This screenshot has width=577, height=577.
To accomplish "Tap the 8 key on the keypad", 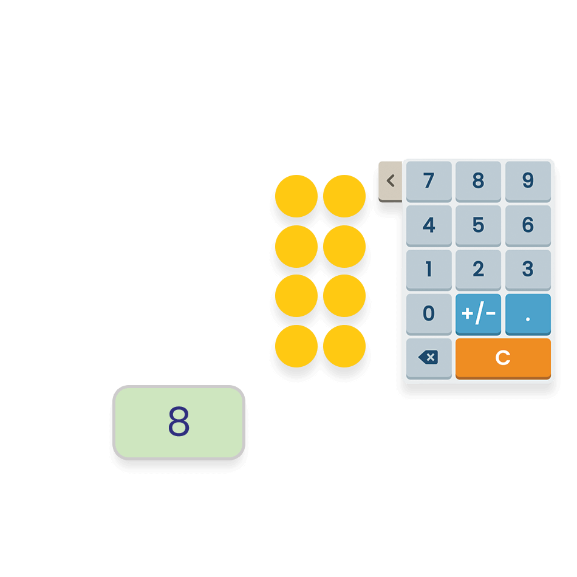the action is tap(478, 182).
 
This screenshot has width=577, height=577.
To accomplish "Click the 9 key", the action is tap(528, 182).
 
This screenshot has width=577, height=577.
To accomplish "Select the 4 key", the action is tap(429, 225).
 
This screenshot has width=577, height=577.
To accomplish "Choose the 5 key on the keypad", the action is tap(478, 225).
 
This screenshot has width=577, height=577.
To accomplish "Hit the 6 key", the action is tap(528, 225).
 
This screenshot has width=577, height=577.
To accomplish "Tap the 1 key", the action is tap(429, 270).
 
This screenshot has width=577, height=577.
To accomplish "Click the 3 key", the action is tap(528, 270).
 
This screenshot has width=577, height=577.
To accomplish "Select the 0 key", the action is tap(429, 314).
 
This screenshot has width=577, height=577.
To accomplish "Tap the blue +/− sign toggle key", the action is tap(478, 314).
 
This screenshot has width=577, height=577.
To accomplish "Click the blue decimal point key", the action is tap(528, 314).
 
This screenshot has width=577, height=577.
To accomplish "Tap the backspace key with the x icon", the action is tap(429, 358).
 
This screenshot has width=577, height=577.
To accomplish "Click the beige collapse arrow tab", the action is tap(391, 182).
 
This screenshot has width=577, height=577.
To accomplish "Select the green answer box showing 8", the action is tap(179, 423).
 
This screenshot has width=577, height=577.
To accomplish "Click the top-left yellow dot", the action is tap(296, 196).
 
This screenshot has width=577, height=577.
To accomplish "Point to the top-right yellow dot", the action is tap(344, 196).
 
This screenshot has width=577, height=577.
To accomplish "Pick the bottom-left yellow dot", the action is tap(296, 346).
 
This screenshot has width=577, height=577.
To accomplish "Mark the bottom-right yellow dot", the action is tap(344, 346).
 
